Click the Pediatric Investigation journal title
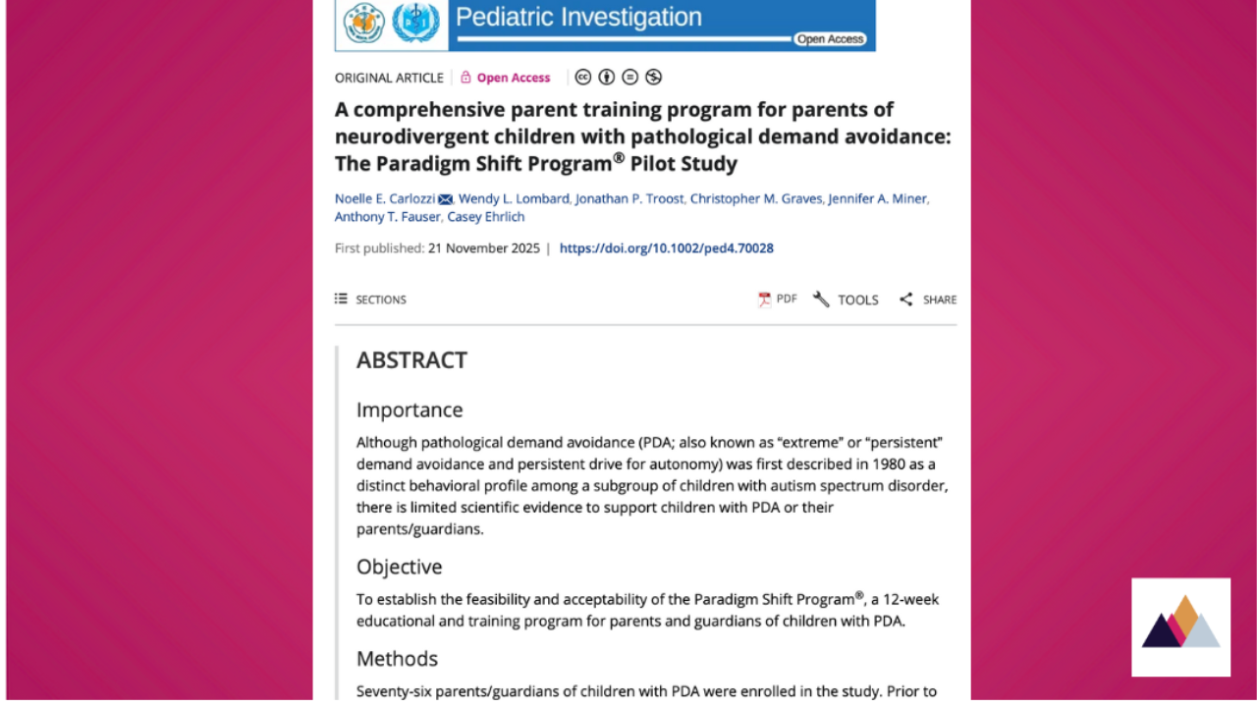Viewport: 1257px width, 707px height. (578, 17)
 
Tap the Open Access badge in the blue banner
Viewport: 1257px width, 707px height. (830, 39)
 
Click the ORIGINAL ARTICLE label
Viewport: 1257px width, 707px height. (389, 78)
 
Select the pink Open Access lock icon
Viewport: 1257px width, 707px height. (465, 78)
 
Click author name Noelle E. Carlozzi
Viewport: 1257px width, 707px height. (385, 198)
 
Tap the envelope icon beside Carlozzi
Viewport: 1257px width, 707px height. (446, 199)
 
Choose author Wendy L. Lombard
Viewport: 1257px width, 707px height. (514, 198)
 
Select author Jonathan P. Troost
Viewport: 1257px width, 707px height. (629, 198)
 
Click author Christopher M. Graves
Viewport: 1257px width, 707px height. (756, 198)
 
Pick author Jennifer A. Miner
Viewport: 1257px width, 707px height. (877, 198)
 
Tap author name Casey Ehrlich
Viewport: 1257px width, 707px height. (486, 217)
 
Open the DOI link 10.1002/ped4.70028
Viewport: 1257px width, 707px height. (667, 248)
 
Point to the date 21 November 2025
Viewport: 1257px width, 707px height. (484, 248)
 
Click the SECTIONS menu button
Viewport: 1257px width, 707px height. (370, 299)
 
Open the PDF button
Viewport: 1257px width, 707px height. (778, 299)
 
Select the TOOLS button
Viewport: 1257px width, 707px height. (846, 299)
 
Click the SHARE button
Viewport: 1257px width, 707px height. (928, 299)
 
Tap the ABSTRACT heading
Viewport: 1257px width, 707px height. (411, 360)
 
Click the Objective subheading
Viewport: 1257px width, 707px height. (399, 567)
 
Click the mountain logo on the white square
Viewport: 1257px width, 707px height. (1180, 625)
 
